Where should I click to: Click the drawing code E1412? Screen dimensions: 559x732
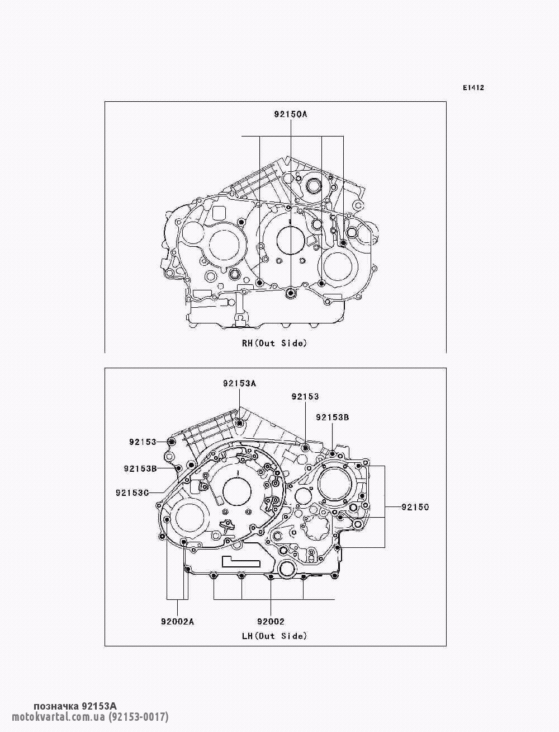pos(473,88)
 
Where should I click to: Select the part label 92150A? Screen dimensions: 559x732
pos(291,114)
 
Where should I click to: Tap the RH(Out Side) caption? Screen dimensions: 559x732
pos(274,343)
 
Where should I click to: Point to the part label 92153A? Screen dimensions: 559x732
pos(239,383)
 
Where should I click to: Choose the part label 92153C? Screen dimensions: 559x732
pos(132,492)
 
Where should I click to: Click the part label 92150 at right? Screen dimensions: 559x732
pos(415,507)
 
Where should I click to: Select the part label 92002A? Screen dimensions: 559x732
pos(178,622)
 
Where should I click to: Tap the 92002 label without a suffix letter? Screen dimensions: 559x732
pos(271,622)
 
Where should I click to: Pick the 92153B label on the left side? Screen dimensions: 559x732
pos(140,468)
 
